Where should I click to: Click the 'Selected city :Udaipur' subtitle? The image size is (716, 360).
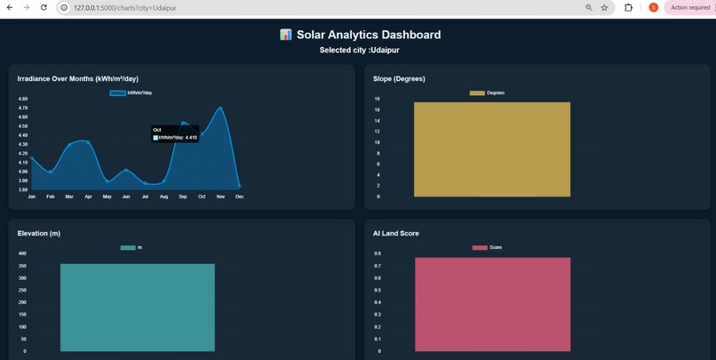click(x=359, y=51)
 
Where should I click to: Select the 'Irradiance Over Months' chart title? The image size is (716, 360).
click(x=77, y=79)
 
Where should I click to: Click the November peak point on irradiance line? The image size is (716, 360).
click(x=220, y=108)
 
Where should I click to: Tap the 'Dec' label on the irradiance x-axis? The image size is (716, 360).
click(x=239, y=196)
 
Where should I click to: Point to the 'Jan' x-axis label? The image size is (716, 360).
click(x=31, y=196)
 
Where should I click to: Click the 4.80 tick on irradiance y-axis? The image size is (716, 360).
click(x=23, y=99)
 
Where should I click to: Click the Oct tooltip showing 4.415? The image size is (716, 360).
click(x=175, y=134)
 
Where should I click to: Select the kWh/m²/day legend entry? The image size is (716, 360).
click(x=131, y=92)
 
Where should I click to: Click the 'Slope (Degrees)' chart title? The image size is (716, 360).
click(x=399, y=79)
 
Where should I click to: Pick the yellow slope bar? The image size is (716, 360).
click(x=492, y=149)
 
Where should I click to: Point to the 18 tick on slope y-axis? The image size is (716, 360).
click(x=377, y=99)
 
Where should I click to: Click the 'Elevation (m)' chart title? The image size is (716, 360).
click(x=52, y=234)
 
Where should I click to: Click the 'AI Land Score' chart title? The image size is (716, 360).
click(x=396, y=234)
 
